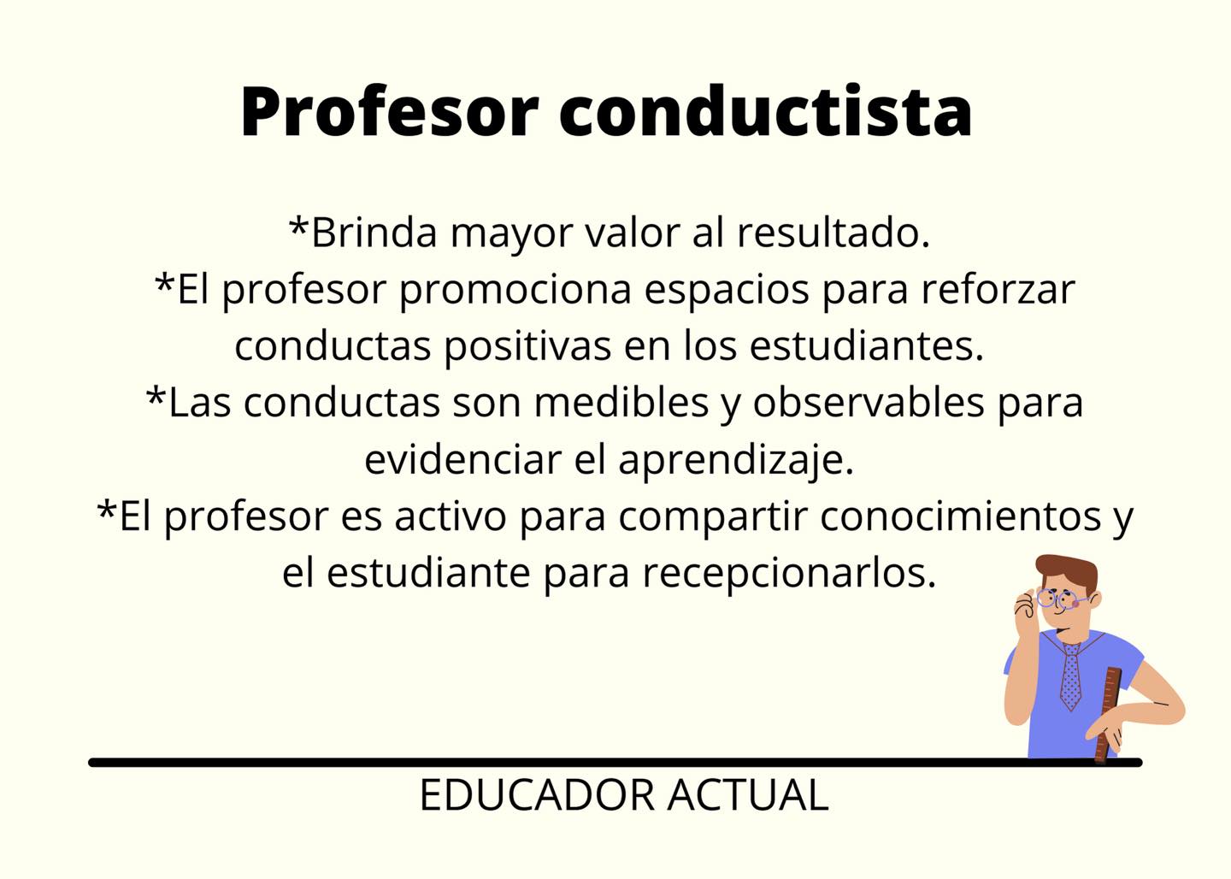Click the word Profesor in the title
pyautogui.click(x=390, y=112)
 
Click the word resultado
pyautogui.click(x=833, y=233)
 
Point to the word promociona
pyautogui.click(x=515, y=290)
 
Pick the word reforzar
pyautogui.click(x=998, y=289)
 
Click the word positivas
pyautogui.click(x=527, y=346)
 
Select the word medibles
pyautogui.click(x=621, y=403)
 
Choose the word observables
pyautogui.click(x=869, y=403)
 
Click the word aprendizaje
pyautogui.click(x=736, y=460)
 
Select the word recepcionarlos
pyautogui.click(x=789, y=575)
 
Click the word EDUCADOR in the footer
pyautogui.click(x=538, y=795)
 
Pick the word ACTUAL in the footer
pyautogui.click(x=748, y=795)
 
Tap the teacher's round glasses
pyautogui.click(x=1058, y=599)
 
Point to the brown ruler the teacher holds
pyautogui.click(x=1108, y=715)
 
